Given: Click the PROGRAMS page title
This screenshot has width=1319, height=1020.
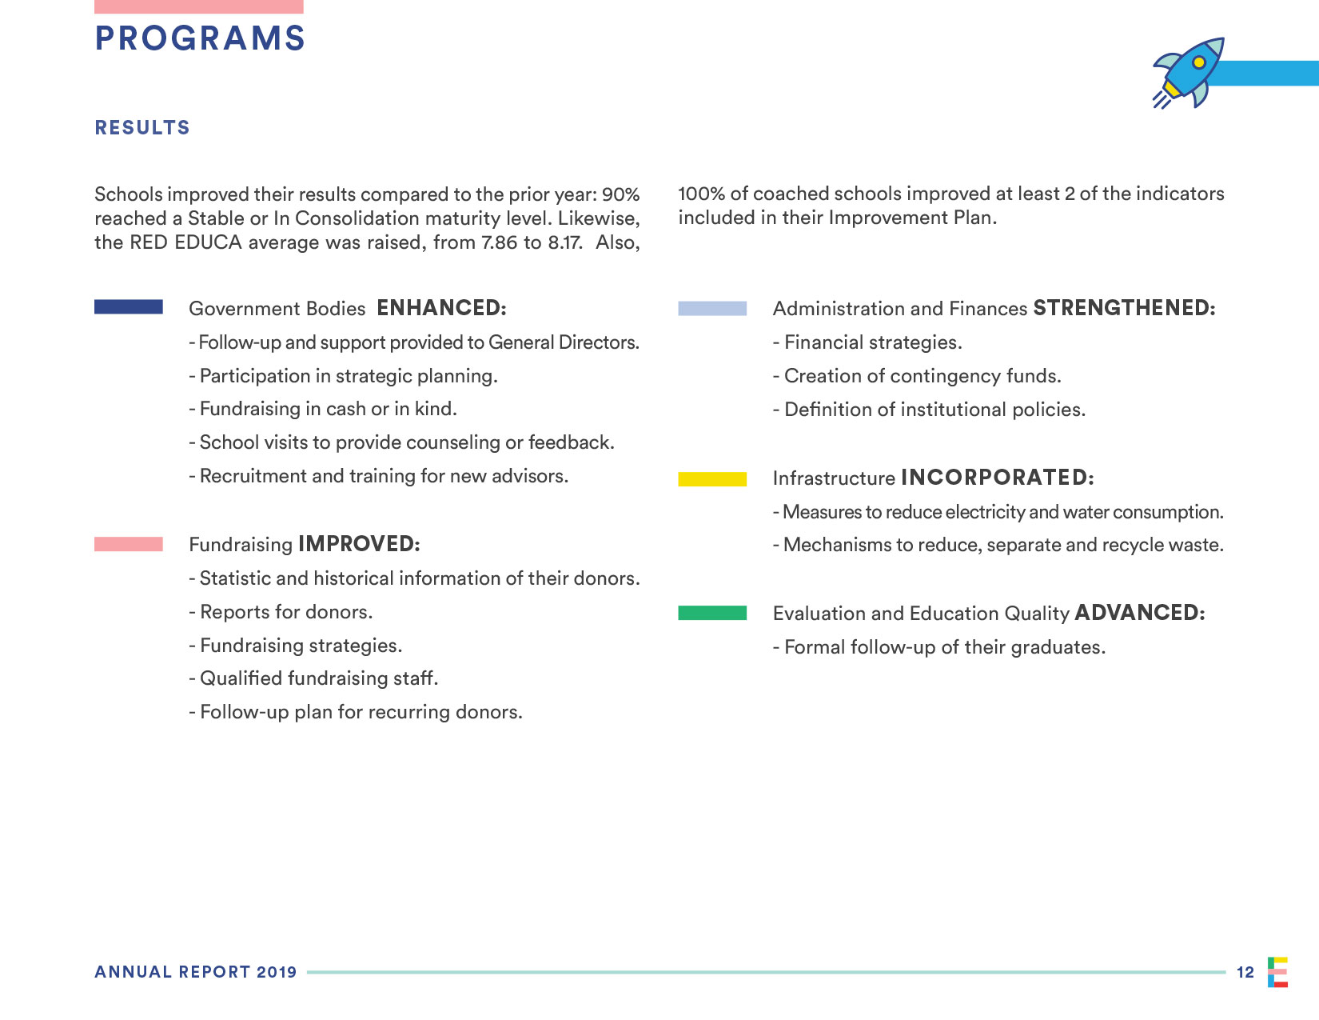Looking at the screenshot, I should click(200, 38).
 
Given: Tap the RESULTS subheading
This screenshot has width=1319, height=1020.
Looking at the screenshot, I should click(142, 128).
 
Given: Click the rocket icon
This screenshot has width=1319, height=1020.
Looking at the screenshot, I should click(1189, 72).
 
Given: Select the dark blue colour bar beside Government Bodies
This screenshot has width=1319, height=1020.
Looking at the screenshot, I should click(129, 307).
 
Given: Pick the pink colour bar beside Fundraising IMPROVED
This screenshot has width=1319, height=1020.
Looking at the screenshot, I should click(129, 544).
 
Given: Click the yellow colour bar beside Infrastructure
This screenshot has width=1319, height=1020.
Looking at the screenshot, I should click(712, 478).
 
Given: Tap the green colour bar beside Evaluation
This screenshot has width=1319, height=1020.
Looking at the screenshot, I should click(712, 613).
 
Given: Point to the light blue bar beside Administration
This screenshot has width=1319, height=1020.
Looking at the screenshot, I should click(712, 308).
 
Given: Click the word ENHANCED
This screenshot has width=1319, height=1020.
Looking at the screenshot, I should click(441, 308).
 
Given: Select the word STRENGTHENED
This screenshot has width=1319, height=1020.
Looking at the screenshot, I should click(1124, 308).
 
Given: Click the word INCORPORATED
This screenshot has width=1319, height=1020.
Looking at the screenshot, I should click(997, 478).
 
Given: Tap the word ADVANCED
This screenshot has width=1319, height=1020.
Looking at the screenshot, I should click(1139, 613).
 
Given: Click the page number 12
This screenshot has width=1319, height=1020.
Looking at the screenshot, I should click(1245, 972).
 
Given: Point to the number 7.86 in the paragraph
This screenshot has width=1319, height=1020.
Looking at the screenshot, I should click(500, 242).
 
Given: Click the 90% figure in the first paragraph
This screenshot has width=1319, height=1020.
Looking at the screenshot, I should click(621, 194).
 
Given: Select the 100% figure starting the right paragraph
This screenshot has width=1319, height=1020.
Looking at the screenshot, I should click(701, 194).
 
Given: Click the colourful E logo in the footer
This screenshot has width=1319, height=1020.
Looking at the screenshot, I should click(1277, 972).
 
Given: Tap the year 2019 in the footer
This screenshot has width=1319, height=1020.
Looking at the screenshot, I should click(277, 972).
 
